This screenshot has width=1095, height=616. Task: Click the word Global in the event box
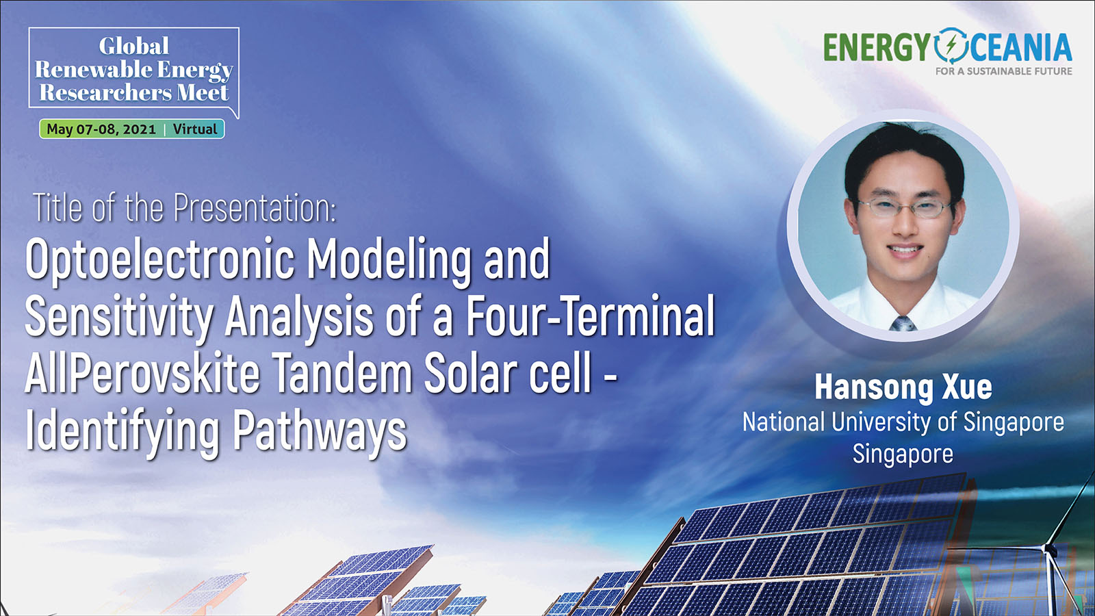[134, 47]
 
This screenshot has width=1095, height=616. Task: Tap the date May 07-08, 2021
[101, 129]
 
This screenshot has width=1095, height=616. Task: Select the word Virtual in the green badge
[194, 129]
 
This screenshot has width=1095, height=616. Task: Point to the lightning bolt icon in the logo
[951, 46]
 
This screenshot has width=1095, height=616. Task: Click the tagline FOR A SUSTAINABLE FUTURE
[1003, 71]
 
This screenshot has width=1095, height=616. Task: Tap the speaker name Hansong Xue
[903, 387]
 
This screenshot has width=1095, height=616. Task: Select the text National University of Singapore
[903, 422]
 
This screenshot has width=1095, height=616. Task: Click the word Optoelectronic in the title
[160, 260]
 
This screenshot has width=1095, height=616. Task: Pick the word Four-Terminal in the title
[591, 315]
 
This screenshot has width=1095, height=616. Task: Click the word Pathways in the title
[320, 432]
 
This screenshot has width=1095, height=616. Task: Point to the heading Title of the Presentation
[185, 208]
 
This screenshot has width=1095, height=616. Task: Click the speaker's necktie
[903, 323]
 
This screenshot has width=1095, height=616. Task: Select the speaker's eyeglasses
[904, 207]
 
